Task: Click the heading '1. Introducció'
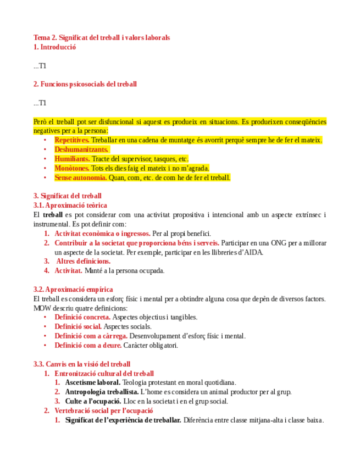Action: coord(54,47)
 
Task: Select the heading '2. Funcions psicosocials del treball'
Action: coord(85,84)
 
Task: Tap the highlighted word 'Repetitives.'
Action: coord(71,140)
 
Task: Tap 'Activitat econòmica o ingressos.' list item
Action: coord(102,234)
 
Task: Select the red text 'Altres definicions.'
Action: coord(84,262)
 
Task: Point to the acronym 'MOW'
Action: coord(42,308)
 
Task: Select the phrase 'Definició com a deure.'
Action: coord(87,346)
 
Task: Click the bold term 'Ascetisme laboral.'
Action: coord(92,382)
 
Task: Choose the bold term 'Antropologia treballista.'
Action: coord(101,392)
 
